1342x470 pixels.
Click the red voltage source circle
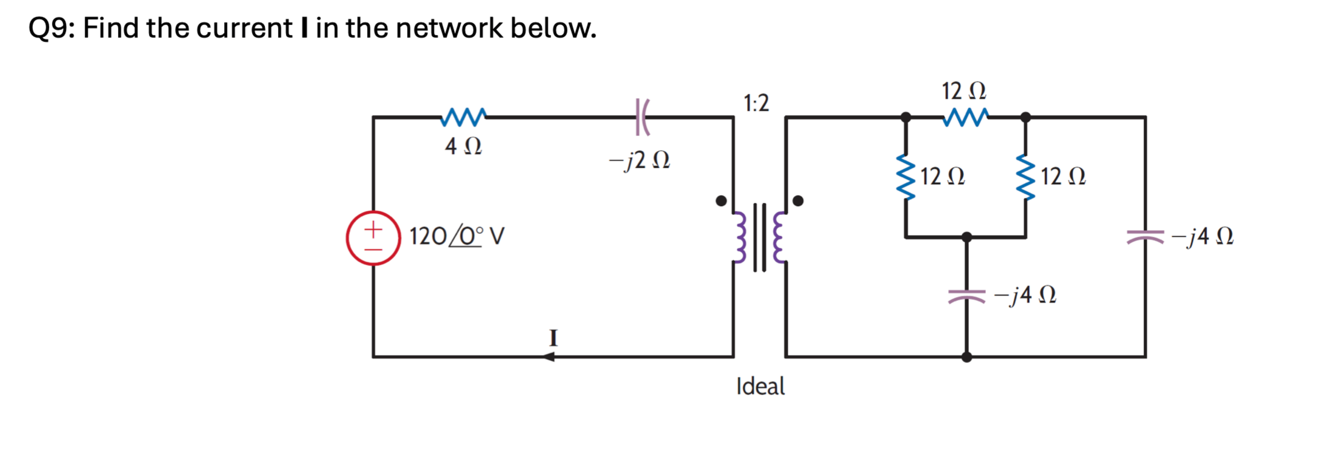coord(373,238)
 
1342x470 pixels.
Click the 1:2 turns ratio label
coord(756,103)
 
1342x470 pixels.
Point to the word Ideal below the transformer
coord(760,386)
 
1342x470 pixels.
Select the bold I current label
coord(553,338)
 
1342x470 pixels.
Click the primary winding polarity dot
coord(721,201)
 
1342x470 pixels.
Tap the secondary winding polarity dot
coord(798,201)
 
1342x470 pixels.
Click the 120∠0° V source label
coord(456,236)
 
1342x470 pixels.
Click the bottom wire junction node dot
coord(966,357)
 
